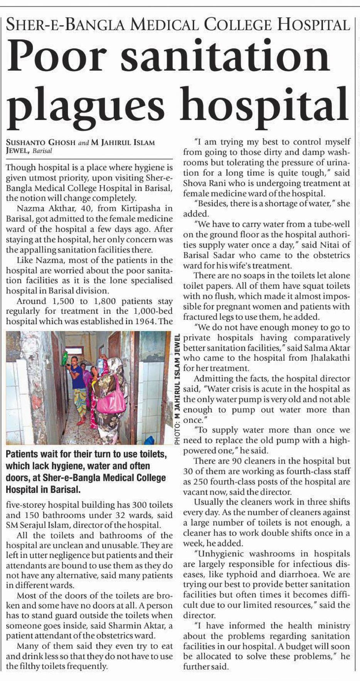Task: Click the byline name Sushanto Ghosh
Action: (x=40, y=143)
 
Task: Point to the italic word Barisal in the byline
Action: (x=42, y=151)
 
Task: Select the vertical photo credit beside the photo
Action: (x=178, y=390)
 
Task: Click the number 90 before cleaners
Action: (x=237, y=461)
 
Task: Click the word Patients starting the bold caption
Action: (x=22, y=454)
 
